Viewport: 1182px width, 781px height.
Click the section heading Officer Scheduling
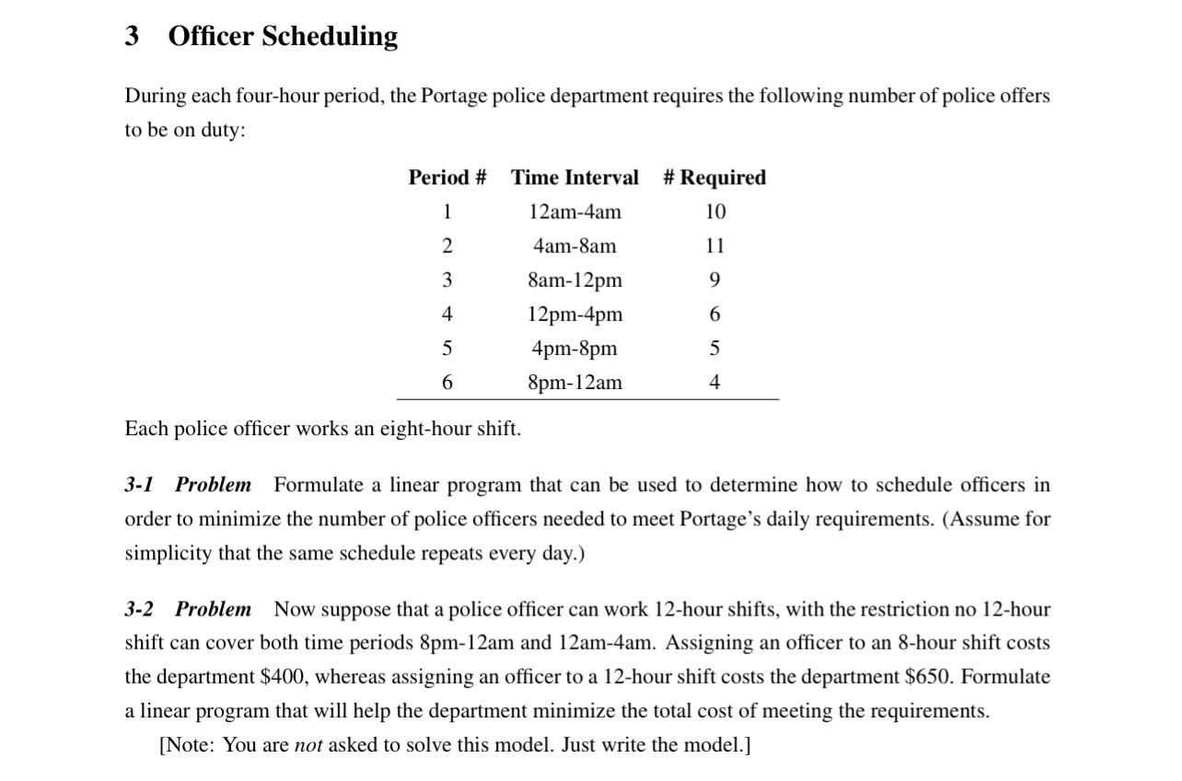[283, 36]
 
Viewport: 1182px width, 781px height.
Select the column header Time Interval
[574, 178]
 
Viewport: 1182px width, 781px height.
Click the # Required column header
[714, 178]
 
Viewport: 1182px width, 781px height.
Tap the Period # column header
[447, 178]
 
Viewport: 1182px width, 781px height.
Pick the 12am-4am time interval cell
[574, 212]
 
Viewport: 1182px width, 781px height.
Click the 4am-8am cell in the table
[574, 247]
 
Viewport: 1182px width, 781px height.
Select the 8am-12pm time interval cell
[574, 281]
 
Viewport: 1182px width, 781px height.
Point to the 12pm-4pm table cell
[574, 315]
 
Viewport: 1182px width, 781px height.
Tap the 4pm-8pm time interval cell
[574, 349]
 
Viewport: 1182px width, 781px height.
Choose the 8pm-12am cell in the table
[574, 383]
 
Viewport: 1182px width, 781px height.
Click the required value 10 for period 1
[715, 212]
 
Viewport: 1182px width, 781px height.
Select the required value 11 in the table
[715, 247]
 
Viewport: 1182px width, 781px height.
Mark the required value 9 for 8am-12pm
[715, 281]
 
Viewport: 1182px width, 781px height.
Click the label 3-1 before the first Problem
[140, 485]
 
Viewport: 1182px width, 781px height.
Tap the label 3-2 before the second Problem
[140, 610]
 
